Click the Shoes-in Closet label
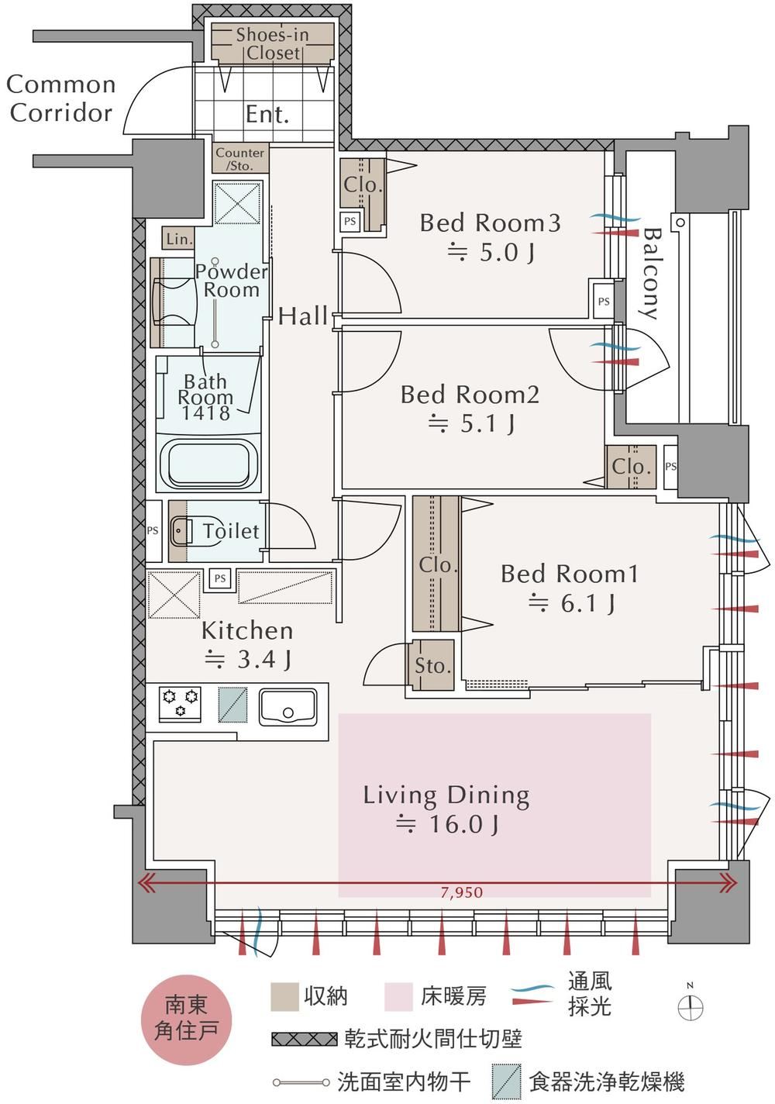(273, 43)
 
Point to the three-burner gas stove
(180, 704)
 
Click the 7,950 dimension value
(462, 892)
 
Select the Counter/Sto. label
(240, 159)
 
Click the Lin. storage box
(178, 239)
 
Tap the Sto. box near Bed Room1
(432, 665)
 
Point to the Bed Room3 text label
(491, 223)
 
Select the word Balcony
(651, 274)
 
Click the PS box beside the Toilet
(153, 531)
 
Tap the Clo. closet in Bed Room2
(631, 466)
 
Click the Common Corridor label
(60, 98)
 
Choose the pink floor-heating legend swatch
(398, 997)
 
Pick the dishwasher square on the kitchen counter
(232, 705)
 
